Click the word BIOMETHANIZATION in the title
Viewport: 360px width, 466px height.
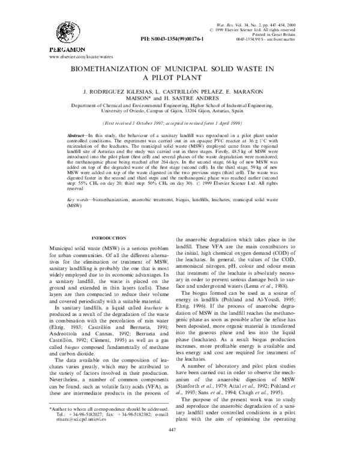[117, 70]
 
